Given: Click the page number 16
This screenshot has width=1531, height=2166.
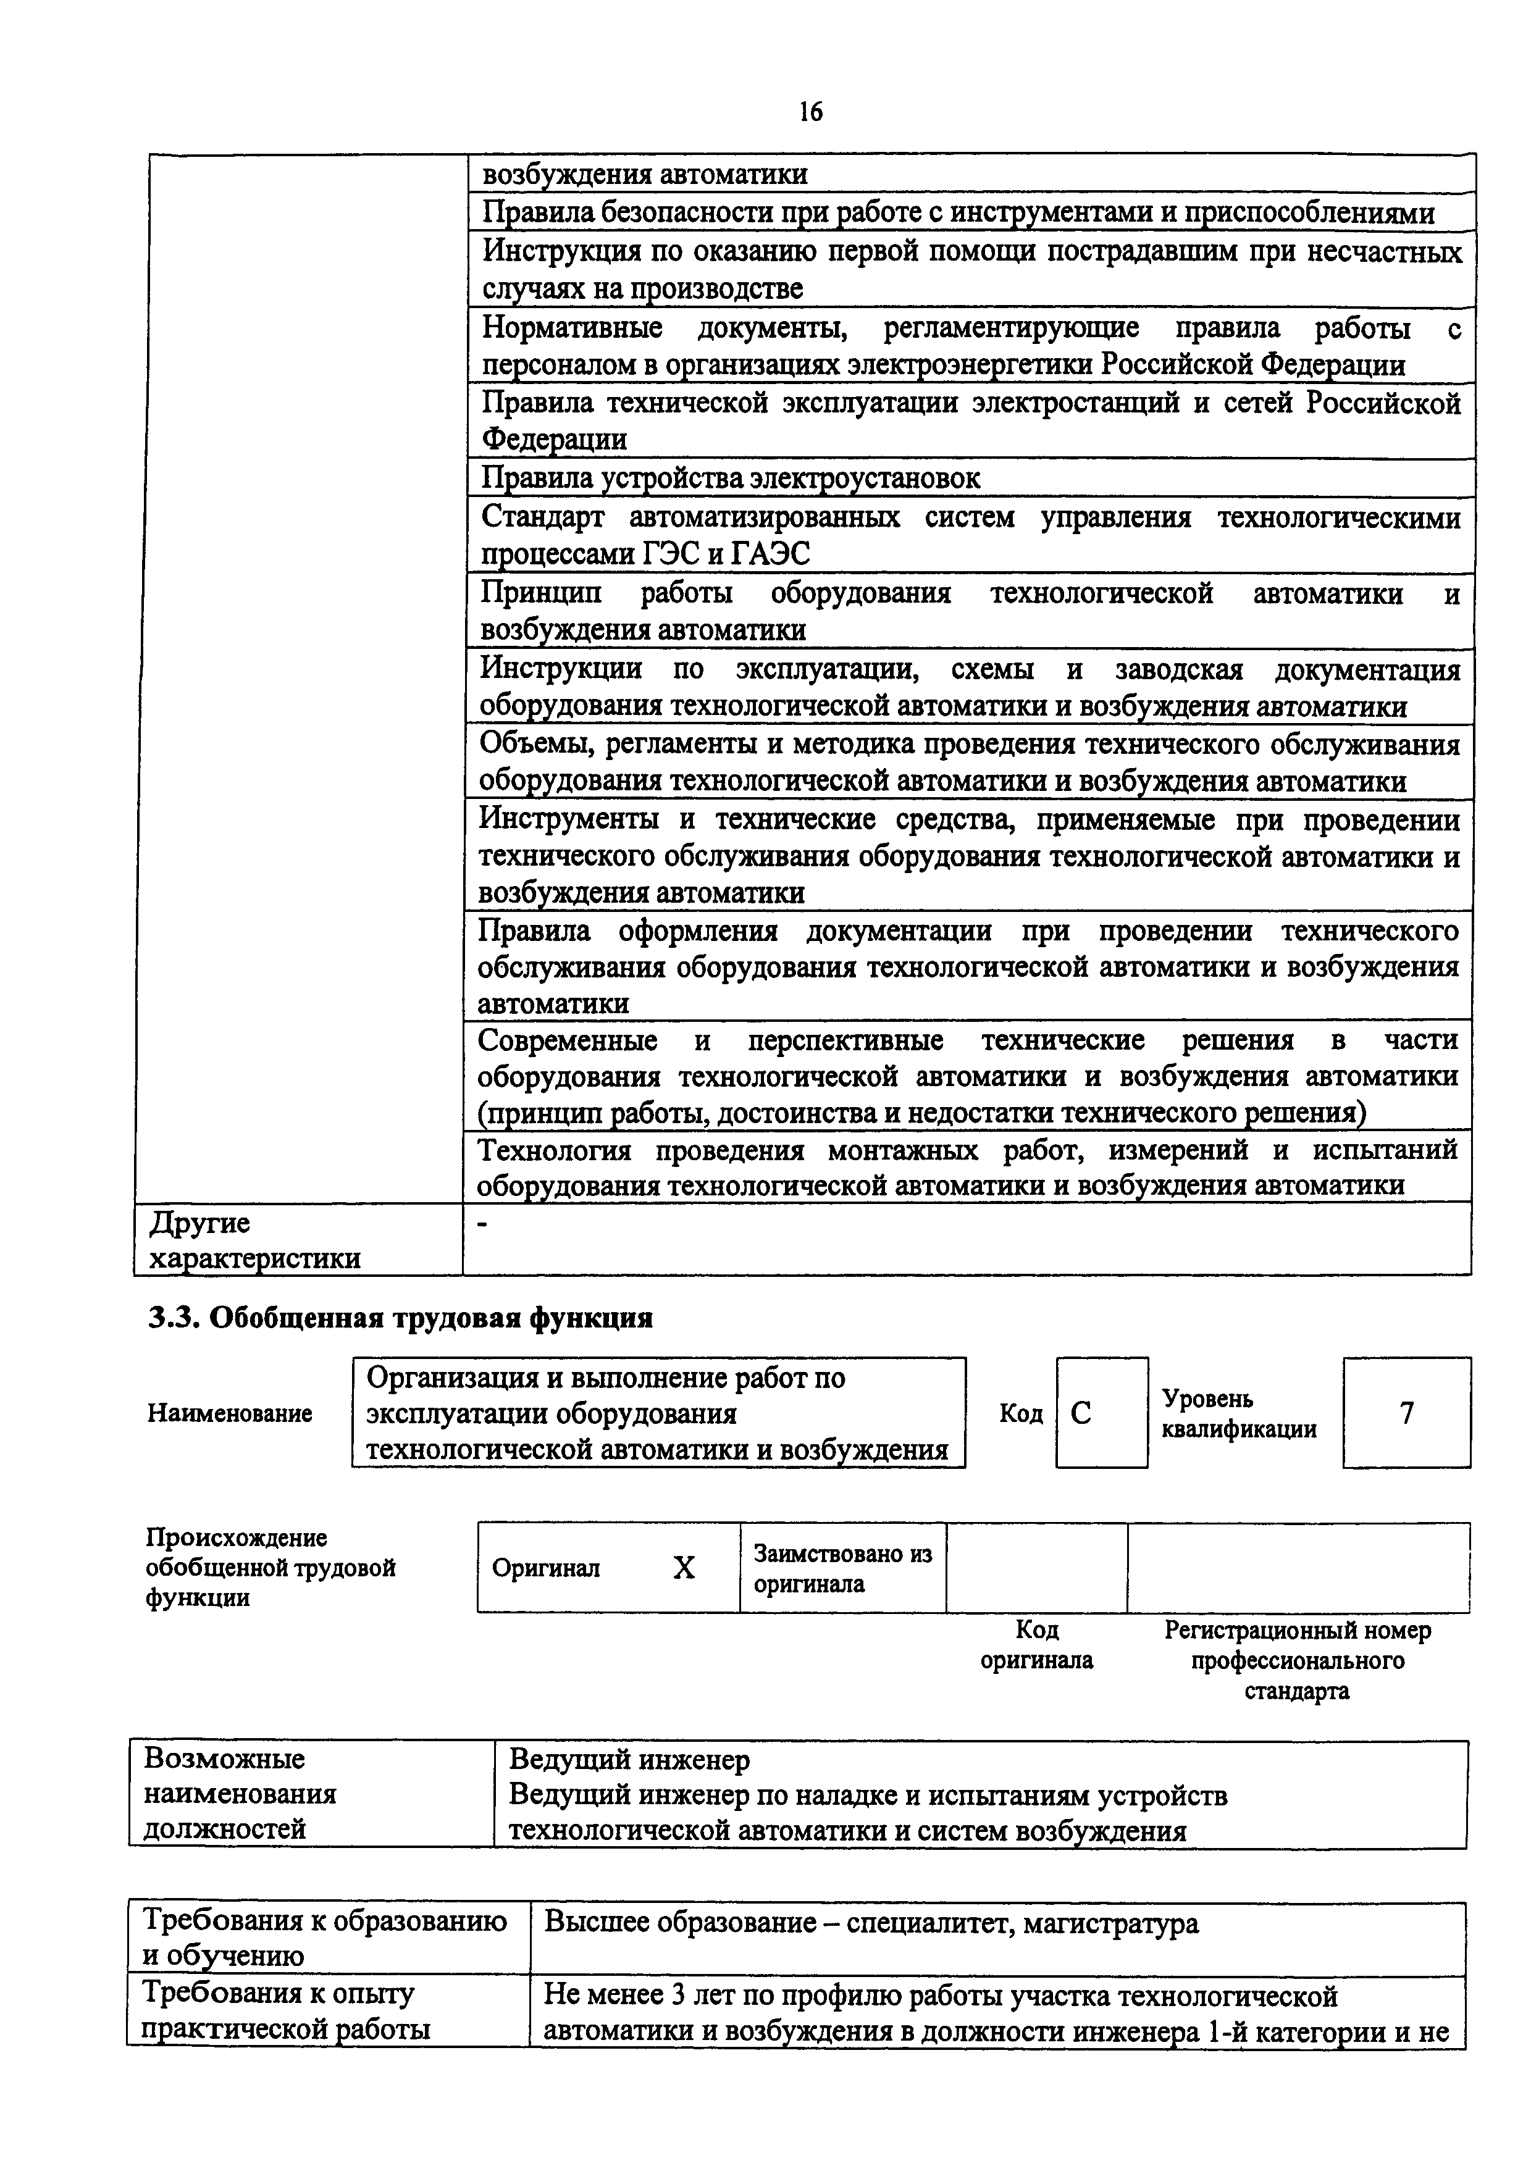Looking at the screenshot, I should click(x=810, y=112).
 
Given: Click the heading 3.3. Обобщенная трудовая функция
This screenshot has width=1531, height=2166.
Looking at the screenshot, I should click(x=400, y=1317).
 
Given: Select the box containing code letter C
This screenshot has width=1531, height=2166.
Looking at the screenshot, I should click(x=1101, y=1412).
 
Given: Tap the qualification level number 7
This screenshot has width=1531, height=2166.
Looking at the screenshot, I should click(x=1406, y=1412).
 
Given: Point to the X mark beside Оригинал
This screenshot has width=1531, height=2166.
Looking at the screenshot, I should click(x=683, y=1568).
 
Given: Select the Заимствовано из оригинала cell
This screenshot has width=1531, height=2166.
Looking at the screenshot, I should click(x=842, y=1568).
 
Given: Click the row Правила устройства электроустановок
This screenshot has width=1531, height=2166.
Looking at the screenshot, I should click(x=731, y=479).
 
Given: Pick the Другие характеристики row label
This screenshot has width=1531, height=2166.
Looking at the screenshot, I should click(x=254, y=1240).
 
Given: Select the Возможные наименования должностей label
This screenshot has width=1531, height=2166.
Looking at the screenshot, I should click(x=240, y=1793).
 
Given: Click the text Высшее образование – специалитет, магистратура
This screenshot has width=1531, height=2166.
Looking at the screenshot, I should click(x=871, y=1923).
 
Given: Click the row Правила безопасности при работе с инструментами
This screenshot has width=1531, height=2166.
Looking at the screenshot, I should click(x=957, y=213).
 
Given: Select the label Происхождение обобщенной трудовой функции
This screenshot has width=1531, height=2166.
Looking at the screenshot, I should click(x=270, y=1568).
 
